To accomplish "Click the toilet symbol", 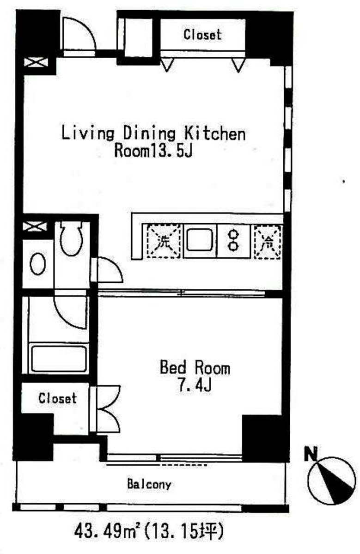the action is (71, 237).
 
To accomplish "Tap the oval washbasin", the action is (37, 264).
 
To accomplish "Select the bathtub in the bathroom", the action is (58, 358).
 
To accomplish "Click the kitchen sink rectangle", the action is (200, 240).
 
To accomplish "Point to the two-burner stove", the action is (232, 240).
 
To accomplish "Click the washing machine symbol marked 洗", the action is (164, 241).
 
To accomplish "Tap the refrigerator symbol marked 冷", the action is (268, 241).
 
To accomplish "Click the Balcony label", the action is (149, 484).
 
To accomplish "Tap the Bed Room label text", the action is (195, 367).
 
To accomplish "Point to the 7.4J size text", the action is (195, 385).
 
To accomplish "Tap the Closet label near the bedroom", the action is (57, 398).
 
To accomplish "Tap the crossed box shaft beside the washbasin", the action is (35, 226).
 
